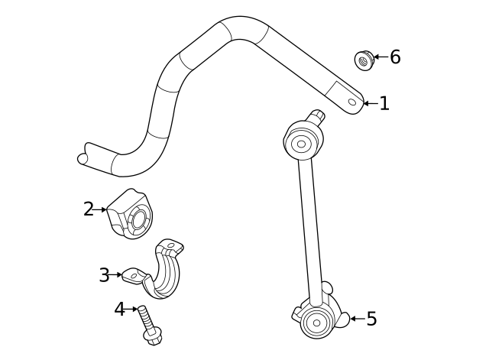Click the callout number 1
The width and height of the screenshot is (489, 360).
384,103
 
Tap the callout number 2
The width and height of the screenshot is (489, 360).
89,209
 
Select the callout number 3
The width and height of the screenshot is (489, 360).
104,275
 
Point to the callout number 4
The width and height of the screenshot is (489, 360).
119,310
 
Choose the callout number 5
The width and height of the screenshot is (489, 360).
371,319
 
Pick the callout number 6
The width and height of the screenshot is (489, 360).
395,57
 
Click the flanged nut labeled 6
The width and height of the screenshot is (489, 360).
364,59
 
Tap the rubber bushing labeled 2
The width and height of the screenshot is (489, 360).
131,213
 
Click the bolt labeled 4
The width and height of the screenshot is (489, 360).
148,324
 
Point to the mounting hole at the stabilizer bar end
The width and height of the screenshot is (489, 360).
352,101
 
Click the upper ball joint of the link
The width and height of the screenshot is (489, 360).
300,142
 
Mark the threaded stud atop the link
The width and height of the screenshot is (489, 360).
317,117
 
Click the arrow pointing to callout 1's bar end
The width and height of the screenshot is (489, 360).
369,103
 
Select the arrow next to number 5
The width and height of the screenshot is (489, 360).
355,319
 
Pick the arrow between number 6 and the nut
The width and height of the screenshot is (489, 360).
380,57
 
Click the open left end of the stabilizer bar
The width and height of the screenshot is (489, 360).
83,158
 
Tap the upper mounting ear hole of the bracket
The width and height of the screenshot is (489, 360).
173,247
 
